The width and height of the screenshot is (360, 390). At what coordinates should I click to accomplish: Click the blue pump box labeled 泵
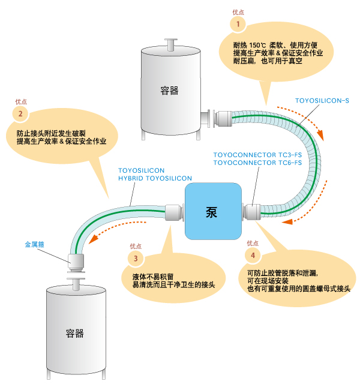tap(213, 211)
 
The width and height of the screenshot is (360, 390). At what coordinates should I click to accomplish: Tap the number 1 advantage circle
tap(238, 24)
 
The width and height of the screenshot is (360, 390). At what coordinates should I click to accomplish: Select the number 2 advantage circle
tap(20, 113)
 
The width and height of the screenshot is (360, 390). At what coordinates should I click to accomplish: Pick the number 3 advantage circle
tap(136, 258)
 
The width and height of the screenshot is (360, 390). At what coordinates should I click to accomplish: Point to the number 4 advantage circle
tap(253, 255)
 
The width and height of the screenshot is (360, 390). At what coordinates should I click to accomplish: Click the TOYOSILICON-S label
tap(322, 101)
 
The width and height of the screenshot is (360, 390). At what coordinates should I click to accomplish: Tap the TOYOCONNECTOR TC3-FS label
tap(257, 155)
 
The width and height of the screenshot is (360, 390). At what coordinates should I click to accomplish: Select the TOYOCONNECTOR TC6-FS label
tap(257, 163)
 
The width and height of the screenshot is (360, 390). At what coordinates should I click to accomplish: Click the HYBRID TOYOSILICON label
tap(155, 178)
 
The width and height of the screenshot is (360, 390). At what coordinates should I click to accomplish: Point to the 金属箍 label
tap(35, 244)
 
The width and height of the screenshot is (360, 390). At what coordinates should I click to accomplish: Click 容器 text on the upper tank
tap(169, 91)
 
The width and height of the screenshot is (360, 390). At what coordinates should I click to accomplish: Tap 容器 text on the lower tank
tap(74, 334)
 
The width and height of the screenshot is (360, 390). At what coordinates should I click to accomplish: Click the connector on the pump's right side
tap(252, 212)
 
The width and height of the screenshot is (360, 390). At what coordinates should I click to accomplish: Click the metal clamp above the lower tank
tap(76, 262)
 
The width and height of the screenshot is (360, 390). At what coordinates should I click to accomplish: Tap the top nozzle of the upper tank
tap(170, 45)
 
